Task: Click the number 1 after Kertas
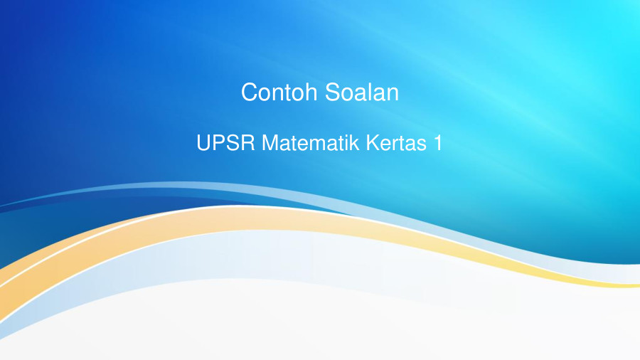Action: point(437,143)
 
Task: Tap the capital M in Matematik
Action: point(270,143)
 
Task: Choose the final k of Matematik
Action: point(357,143)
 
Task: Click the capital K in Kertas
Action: point(373,143)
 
